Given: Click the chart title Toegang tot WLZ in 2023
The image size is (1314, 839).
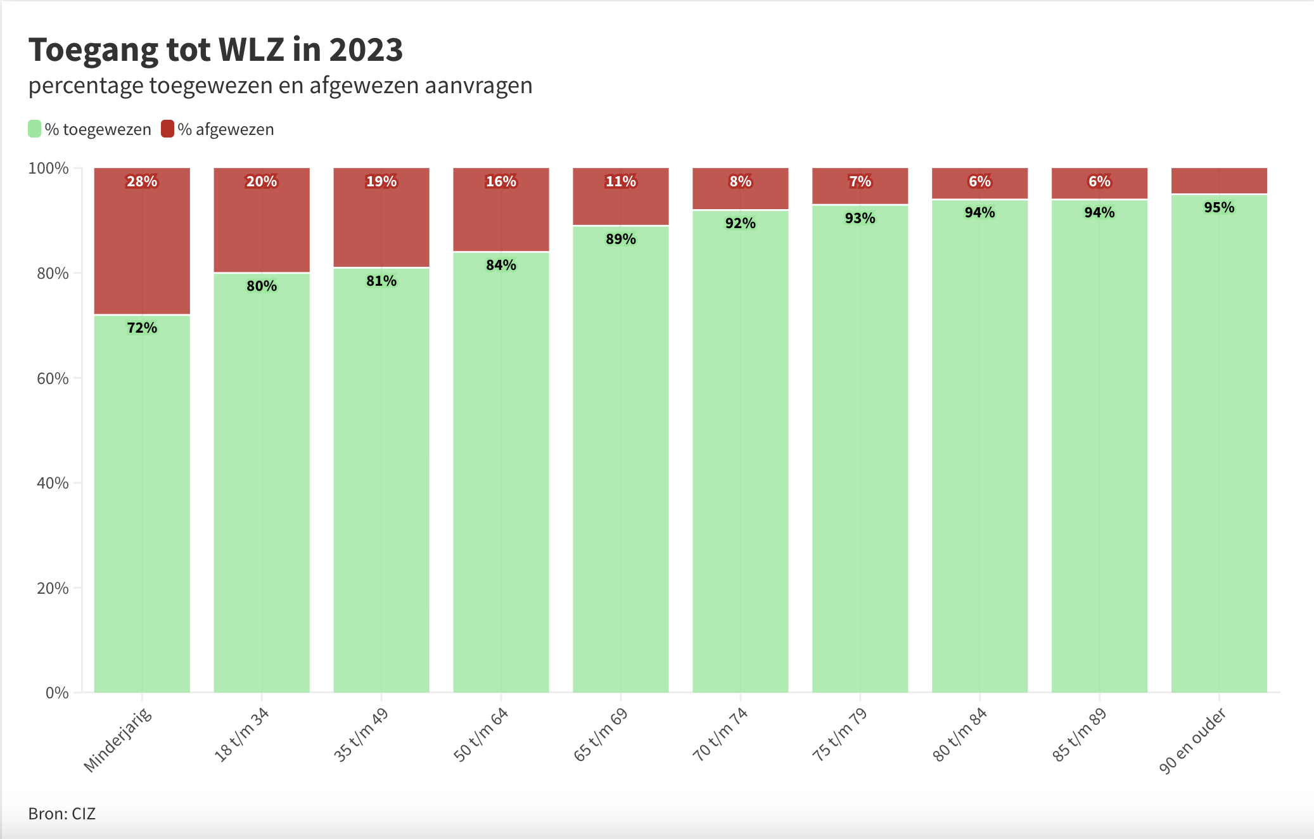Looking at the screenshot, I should [x=215, y=50].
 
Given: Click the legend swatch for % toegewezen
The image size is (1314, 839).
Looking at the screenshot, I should [x=35, y=129].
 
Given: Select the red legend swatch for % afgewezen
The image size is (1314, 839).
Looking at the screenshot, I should [x=167, y=129].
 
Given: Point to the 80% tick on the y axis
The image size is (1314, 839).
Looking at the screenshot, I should [x=53, y=273].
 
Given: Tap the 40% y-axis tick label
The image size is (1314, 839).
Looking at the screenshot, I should [x=53, y=483].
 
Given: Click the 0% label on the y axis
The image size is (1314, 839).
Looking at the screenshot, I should [x=57, y=693].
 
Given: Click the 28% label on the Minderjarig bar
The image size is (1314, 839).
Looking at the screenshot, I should [x=142, y=182].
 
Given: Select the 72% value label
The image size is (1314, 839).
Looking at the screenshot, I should [x=142, y=328].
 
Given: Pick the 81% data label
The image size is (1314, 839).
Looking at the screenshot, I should [x=381, y=281].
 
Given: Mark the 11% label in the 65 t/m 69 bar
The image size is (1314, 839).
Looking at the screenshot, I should [x=621, y=182].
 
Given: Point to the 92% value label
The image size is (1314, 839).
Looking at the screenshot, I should [x=740, y=223].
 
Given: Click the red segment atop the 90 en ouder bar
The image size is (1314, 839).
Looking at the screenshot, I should [x=1219, y=181].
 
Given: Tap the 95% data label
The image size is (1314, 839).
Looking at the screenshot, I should [x=1219, y=207].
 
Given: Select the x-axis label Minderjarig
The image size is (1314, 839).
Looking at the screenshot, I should [x=118, y=740].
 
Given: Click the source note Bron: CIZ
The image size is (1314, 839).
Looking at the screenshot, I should [x=62, y=814].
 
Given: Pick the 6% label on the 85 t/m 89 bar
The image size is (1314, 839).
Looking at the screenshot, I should [x=1099, y=182].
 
